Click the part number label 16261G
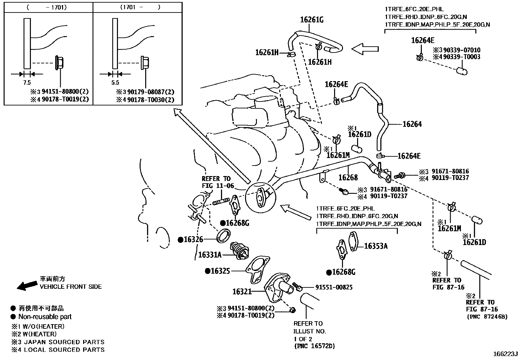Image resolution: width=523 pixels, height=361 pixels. coord(312,20)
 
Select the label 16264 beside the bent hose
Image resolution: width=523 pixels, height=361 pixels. coord(412,124)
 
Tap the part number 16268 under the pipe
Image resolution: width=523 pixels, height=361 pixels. coord(348,177)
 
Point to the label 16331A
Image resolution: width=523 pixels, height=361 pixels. coord(210,255)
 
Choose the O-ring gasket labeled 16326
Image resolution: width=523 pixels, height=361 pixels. coord(223,236)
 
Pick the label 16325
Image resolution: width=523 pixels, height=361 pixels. coord(220,271)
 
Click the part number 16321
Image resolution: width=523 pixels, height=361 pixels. coord(242,291)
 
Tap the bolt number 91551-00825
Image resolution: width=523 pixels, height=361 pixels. coord(334,287)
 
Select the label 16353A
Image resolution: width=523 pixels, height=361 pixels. coord(376,246)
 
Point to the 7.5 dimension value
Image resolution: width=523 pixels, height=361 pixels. coord(27,83)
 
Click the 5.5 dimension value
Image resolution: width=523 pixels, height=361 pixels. coord(115,83)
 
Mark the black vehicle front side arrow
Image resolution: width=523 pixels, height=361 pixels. coord(27,286)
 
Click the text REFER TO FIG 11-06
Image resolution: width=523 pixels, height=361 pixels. coord(218,182)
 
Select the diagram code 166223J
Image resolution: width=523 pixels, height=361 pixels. coord(505,354)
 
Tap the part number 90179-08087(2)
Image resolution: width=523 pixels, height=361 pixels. coord(150,92)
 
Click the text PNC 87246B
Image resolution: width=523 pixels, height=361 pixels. coord(487,317)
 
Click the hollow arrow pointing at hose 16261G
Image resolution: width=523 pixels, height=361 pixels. coord(365,49)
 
